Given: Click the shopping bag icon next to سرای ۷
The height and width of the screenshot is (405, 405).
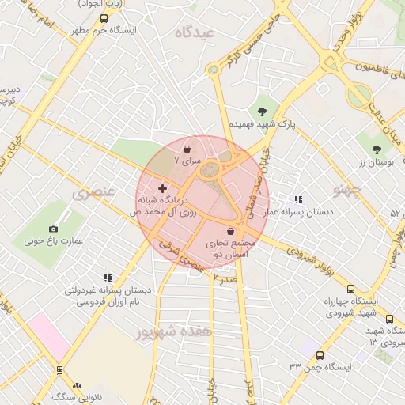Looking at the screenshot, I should pos(187,148).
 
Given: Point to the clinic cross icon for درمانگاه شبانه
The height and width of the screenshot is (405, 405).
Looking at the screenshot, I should pos(163,189).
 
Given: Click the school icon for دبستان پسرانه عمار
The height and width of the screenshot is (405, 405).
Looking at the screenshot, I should pos(298,200).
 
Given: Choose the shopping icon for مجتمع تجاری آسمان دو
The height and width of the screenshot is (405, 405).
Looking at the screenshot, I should pos(230,231).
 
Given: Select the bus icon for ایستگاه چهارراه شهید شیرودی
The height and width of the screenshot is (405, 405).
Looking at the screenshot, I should pos(350,289).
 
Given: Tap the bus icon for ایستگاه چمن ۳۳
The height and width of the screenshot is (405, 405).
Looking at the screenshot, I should pos(320,355).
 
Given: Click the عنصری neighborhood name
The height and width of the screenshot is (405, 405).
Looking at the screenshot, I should pos(93,193).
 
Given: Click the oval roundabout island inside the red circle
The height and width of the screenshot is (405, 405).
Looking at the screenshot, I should pos(209,169).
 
